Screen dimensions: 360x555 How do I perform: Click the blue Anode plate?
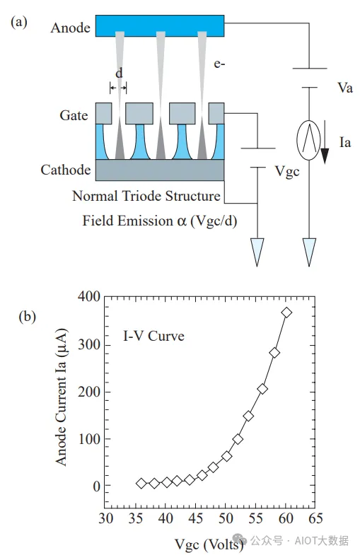[x=160, y=25]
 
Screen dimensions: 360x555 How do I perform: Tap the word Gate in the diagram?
[x=74, y=115]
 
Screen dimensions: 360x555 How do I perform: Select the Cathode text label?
[x=66, y=170]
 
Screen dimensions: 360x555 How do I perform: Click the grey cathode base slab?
[x=160, y=170]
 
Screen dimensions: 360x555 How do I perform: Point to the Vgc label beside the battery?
[x=287, y=172]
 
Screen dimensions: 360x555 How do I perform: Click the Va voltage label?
[x=344, y=88]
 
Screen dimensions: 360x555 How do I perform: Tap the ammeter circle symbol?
[x=308, y=140]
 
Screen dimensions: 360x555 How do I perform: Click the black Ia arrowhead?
[x=325, y=156]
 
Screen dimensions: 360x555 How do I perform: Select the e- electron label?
[x=219, y=64]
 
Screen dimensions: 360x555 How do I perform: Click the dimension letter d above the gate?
[x=119, y=74]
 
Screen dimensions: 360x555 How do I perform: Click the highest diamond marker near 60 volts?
[x=286, y=312]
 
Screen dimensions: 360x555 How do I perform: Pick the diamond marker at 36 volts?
[x=141, y=483]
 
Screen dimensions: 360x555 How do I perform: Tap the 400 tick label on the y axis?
[x=89, y=296]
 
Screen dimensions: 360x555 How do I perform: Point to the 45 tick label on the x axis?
[x=195, y=518]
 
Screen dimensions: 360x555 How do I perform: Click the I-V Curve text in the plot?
[x=153, y=336]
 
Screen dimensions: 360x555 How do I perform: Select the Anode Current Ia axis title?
[x=62, y=397]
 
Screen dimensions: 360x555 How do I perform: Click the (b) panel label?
[x=28, y=316]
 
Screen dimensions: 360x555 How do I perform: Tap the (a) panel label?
[x=19, y=22]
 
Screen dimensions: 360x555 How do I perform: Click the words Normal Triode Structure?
[x=146, y=196]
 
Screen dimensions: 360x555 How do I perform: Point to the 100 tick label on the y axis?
[x=89, y=439]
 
